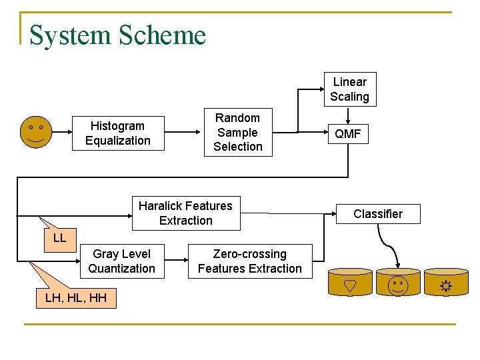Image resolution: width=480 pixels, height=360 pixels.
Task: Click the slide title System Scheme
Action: (117, 35)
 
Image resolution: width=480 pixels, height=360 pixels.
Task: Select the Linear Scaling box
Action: (349, 89)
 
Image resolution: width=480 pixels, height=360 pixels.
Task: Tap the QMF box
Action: (347, 134)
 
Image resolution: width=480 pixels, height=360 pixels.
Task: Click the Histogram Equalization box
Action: (117, 133)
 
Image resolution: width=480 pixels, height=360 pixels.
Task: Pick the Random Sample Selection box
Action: (238, 132)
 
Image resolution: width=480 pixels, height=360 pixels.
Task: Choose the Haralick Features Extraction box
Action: (185, 213)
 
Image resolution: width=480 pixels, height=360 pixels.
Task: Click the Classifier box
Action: (377, 214)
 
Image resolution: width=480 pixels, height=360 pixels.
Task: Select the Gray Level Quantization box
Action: (121, 261)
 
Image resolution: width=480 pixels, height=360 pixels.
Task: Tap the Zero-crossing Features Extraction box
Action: (250, 261)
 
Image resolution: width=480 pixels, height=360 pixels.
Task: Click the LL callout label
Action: (59, 238)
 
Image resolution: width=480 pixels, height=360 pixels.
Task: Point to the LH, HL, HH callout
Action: (75, 298)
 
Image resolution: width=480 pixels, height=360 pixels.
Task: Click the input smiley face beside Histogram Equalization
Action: (35, 132)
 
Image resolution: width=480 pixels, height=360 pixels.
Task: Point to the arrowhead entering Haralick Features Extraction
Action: (128, 215)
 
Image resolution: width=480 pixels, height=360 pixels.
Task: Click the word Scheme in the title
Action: (163, 35)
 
